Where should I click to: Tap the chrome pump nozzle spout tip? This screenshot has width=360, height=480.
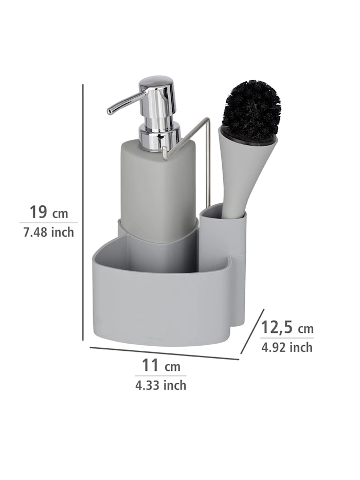(x=110, y=112)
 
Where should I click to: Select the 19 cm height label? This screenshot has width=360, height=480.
(x=49, y=212)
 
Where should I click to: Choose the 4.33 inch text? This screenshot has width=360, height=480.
(x=161, y=385)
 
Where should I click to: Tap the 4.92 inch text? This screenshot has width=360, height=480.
(x=287, y=347)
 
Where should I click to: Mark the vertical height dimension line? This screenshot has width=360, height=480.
(x=83, y=212)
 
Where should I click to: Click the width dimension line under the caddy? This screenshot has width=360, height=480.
(x=164, y=353)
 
